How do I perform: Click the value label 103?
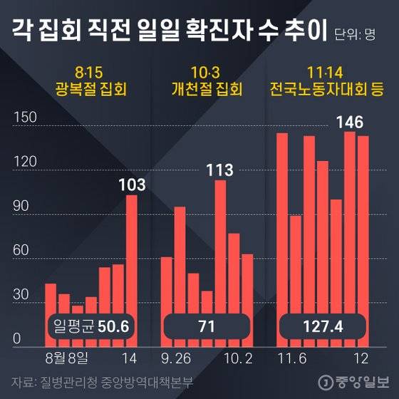pos(132,185)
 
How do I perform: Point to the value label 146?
pos(349,123)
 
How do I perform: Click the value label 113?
pos(220,170)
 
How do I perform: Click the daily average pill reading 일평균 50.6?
pos(90,327)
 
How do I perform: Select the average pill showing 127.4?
pos(322,327)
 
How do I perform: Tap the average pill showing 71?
pos(207,327)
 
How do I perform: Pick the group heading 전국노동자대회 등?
pos(326,90)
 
